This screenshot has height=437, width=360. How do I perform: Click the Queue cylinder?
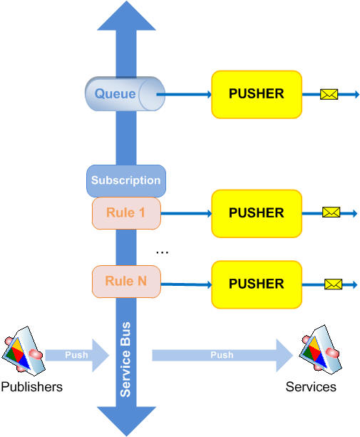tap(125, 93)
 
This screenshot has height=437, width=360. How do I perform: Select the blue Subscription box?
tap(126, 180)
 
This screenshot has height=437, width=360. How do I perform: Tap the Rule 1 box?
tap(126, 213)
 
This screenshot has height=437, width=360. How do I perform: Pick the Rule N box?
tap(126, 282)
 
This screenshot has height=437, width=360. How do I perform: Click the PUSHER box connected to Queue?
tap(257, 95)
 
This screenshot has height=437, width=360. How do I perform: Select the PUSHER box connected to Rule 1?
tap(257, 213)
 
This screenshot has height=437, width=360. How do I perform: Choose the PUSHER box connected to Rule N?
tap(257, 284)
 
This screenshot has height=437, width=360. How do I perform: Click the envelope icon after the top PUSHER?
tap(329, 94)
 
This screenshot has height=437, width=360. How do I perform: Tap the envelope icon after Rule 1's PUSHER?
tap(331, 212)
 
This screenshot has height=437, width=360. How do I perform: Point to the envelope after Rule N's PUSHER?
tap(333, 284)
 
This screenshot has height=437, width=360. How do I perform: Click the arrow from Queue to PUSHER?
tap(184, 95)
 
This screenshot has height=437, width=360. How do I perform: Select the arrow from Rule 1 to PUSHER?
tap(186, 214)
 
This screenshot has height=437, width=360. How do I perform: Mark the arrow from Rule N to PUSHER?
tap(186, 284)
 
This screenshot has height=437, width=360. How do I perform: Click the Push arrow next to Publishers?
tap(77, 355)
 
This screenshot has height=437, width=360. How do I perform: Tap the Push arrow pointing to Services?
tap(222, 355)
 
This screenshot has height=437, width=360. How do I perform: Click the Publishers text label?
tap(32, 387)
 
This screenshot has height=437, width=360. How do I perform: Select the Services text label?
tap(311, 387)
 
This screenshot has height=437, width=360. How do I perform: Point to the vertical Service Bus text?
tap(125, 359)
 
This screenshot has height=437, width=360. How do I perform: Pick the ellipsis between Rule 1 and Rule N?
tap(162, 253)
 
